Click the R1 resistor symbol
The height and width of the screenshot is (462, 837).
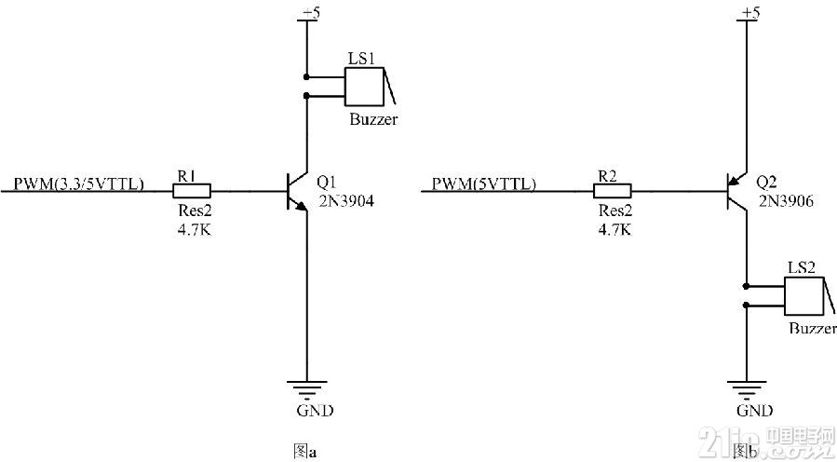(x=192, y=191)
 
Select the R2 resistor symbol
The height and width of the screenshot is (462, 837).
(x=613, y=191)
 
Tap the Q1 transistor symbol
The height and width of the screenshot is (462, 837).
(x=297, y=191)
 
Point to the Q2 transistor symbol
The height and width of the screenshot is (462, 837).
(x=737, y=191)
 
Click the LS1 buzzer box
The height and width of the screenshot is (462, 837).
(x=364, y=87)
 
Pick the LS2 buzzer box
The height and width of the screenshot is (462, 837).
(x=804, y=296)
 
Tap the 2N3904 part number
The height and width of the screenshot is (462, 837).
(x=345, y=201)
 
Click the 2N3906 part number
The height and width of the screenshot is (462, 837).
(x=785, y=201)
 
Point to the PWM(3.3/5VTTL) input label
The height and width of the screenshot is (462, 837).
(x=79, y=184)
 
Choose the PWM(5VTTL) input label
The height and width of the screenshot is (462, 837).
(x=483, y=184)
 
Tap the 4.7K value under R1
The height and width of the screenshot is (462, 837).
(x=195, y=230)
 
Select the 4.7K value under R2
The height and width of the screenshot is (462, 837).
(x=614, y=230)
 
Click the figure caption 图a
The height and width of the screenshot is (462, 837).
(x=304, y=452)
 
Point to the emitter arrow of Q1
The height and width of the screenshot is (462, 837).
(x=302, y=207)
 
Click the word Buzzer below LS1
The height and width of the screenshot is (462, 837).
(x=373, y=119)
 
